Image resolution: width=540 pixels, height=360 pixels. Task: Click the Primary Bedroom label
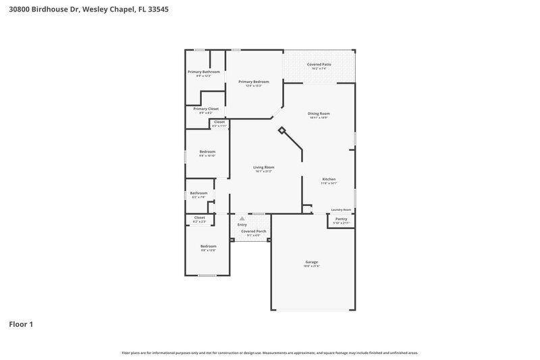click(x=250, y=81)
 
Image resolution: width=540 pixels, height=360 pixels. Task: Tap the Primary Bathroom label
click(x=203, y=72)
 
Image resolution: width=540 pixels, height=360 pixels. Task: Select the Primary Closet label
click(x=206, y=109)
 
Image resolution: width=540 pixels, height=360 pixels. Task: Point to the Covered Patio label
click(x=319, y=64)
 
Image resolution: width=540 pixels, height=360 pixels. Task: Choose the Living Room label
click(x=263, y=167)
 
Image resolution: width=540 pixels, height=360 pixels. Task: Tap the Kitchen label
click(x=329, y=179)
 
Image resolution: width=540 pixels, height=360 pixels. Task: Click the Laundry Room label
click(x=341, y=209)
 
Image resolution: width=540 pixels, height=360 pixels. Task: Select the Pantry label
click(x=341, y=219)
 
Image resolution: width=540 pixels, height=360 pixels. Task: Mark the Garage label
click(x=311, y=261)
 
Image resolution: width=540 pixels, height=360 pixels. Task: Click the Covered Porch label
click(x=254, y=231)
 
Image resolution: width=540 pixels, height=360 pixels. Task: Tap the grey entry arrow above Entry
click(x=242, y=218)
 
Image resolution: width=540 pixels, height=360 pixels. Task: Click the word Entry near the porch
click(x=242, y=224)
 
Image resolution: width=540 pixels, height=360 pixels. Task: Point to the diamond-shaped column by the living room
click(x=281, y=132)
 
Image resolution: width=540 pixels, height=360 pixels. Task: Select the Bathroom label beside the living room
click(x=198, y=192)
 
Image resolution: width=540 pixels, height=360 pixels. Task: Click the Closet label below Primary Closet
click(x=219, y=122)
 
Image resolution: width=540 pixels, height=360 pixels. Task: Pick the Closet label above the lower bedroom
click(x=199, y=217)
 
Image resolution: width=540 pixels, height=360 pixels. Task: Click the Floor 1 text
click(x=21, y=324)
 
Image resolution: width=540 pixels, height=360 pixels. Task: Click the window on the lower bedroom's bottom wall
click(x=207, y=276)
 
